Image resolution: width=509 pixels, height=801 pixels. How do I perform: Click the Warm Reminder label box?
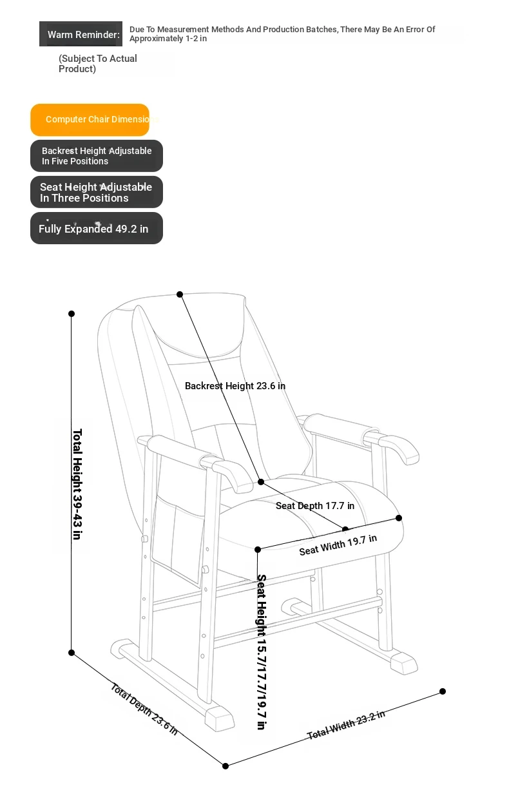(81, 34)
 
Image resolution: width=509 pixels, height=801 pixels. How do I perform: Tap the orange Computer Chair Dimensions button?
(90, 120)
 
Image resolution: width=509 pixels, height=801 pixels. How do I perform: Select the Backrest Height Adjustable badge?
(97, 156)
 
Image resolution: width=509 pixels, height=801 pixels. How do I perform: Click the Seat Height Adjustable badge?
(97, 192)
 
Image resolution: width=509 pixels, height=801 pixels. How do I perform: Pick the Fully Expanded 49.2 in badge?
(97, 228)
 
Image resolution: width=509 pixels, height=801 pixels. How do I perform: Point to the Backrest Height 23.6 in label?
(235, 386)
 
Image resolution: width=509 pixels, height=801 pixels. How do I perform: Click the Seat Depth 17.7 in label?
(315, 506)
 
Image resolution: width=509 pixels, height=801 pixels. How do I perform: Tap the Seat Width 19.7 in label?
(338, 545)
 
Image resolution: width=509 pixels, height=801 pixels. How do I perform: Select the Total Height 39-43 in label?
(77, 484)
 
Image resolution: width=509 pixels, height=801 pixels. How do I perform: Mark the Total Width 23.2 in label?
(346, 724)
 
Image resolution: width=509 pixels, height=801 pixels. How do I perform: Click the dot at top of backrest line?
(180, 294)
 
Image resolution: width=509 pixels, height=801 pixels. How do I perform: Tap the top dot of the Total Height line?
(72, 314)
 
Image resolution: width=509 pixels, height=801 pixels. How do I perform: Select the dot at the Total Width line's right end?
(443, 691)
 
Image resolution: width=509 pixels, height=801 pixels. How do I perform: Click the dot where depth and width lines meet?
(226, 766)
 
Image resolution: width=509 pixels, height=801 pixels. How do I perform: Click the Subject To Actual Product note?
(97, 64)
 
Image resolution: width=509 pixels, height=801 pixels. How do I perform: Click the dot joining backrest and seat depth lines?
(261, 482)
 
